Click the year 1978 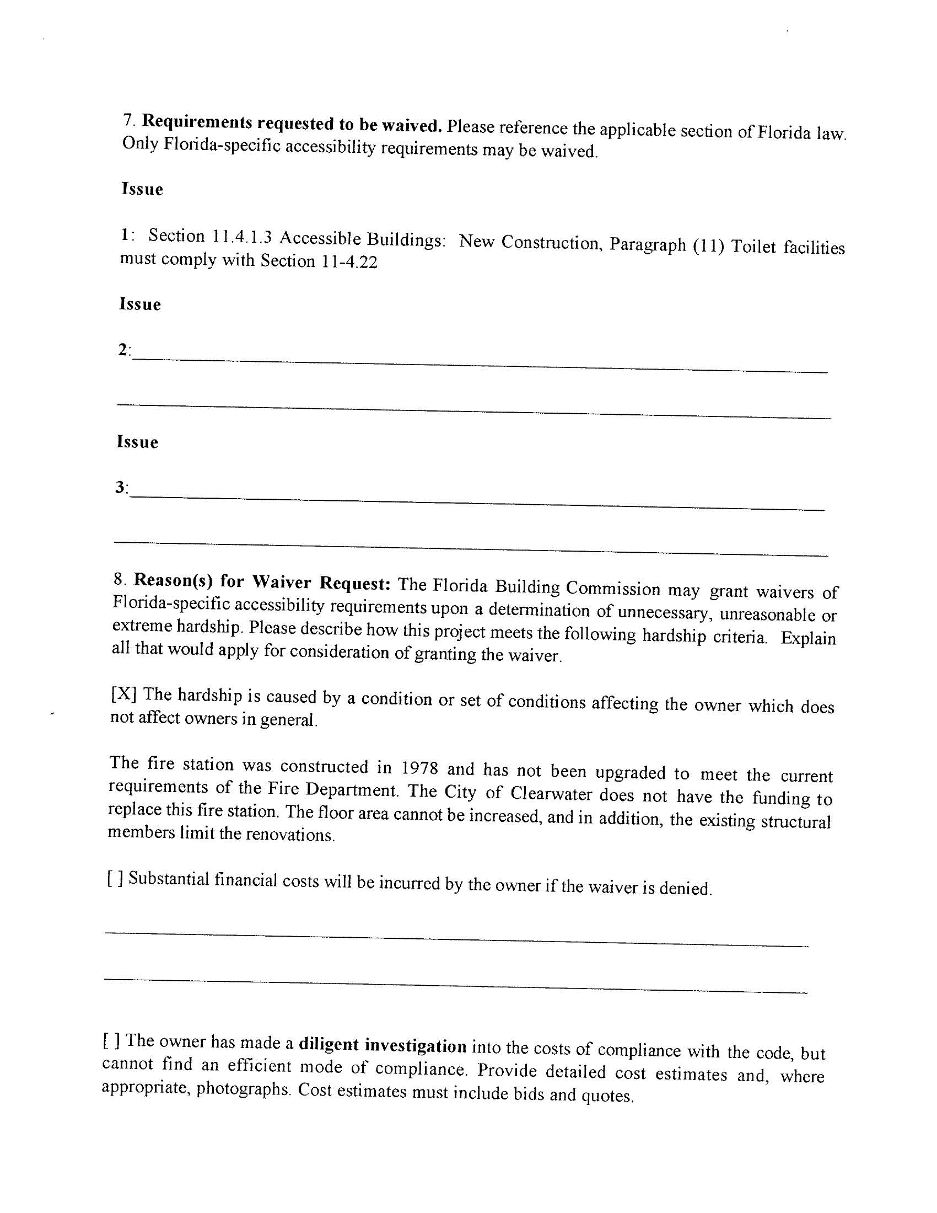pos(419,767)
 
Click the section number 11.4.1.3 pos(241,237)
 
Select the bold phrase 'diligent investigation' pos(383,1045)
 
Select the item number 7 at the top pos(128,119)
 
